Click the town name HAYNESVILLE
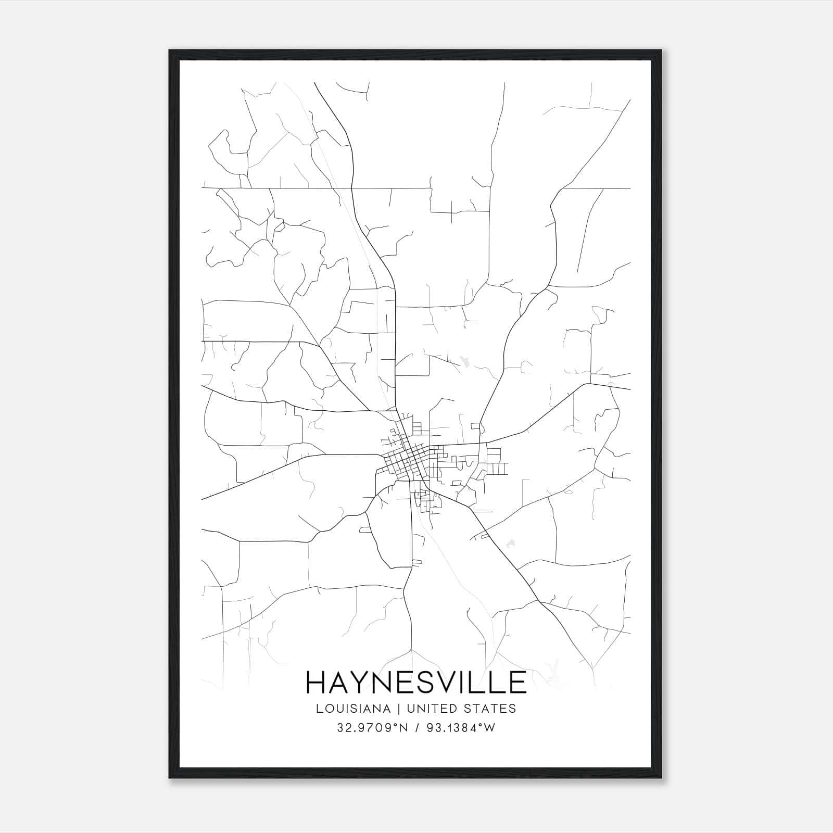416,682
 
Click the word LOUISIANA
352,709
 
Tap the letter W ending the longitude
489,728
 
